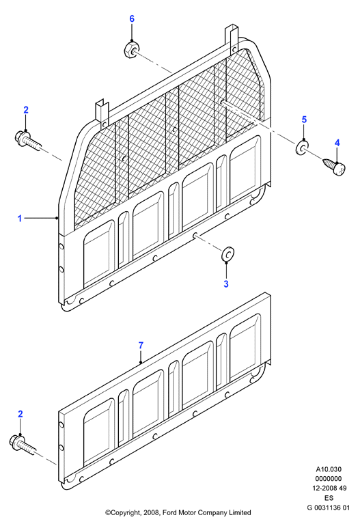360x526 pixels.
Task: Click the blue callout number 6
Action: coord(132,19)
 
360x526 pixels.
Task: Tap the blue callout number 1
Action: coord(20,219)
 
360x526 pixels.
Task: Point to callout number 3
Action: coord(226,283)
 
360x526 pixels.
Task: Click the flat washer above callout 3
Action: coord(227,253)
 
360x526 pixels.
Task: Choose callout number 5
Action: coord(304,120)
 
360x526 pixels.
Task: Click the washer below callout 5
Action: coord(303,148)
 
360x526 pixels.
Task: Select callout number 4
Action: coord(337,143)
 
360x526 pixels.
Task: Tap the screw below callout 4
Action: coord(335,167)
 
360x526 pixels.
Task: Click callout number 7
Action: coord(141,345)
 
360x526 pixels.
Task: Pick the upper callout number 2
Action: coord(26,110)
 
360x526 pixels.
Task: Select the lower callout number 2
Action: coord(20,414)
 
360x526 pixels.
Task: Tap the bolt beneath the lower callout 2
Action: coord(23,445)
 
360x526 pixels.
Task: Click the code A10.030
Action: coord(329,469)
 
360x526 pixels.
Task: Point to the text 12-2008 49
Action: coord(329,488)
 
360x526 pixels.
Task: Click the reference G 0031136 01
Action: coord(329,508)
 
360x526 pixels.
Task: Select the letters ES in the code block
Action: coord(329,498)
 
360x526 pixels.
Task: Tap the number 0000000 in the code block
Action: coord(329,479)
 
